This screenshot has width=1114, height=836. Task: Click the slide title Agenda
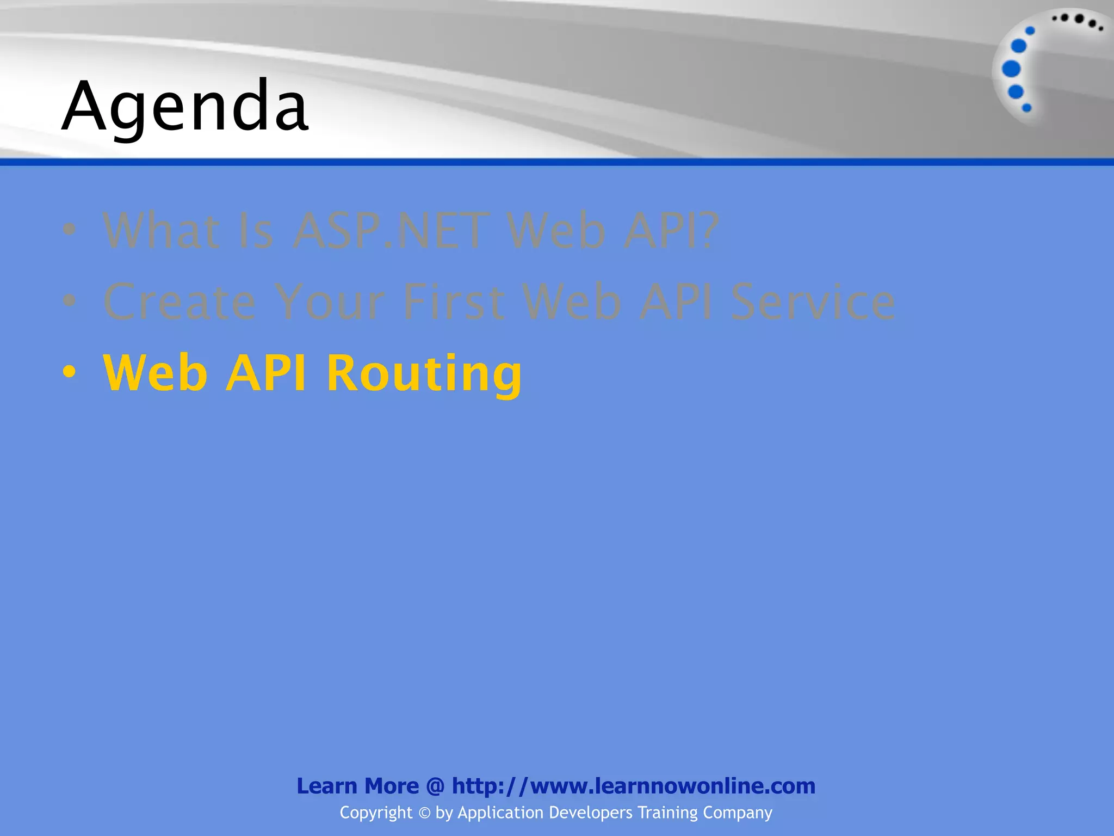click(185, 106)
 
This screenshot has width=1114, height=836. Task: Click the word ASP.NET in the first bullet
click(391, 231)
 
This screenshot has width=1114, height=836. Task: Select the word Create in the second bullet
click(180, 302)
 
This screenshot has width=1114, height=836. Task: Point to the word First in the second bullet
click(454, 302)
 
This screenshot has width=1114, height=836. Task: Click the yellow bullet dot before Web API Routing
click(69, 372)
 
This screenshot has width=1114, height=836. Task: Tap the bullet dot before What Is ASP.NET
click(69, 230)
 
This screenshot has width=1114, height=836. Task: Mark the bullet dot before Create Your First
click(69, 300)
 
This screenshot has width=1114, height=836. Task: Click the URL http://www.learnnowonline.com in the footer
click(634, 786)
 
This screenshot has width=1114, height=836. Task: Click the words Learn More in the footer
click(357, 786)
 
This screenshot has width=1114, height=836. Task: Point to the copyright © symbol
click(424, 813)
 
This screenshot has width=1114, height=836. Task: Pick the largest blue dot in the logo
click(1011, 69)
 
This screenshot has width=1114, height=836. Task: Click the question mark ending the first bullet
click(707, 231)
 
